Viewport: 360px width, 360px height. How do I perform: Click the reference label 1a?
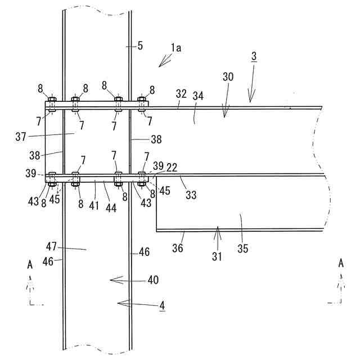coord(177,48)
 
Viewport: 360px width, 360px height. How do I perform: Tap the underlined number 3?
coord(253,56)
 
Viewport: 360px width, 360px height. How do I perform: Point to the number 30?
coord(228,76)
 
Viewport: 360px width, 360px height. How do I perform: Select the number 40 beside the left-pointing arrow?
coord(152,279)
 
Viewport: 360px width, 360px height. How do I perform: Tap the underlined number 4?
coord(162,306)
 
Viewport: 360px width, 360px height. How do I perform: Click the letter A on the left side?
coord(29,263)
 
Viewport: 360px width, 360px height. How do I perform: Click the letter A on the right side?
coord(341,263)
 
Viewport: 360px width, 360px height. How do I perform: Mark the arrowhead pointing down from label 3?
coord(251,100)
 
